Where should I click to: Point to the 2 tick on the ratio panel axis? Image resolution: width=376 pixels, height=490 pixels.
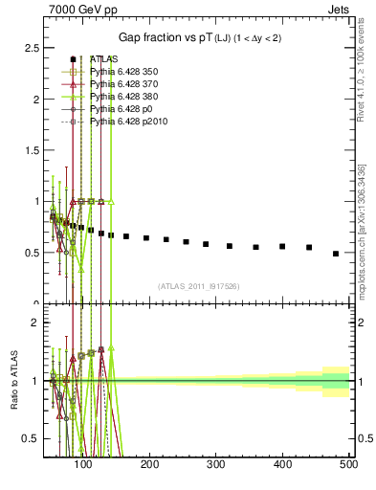coord(36,323)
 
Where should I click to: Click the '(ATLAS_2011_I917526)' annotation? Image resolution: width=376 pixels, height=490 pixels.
coord(199,285)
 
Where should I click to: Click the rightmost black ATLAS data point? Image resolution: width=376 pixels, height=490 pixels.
coord(335,254)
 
